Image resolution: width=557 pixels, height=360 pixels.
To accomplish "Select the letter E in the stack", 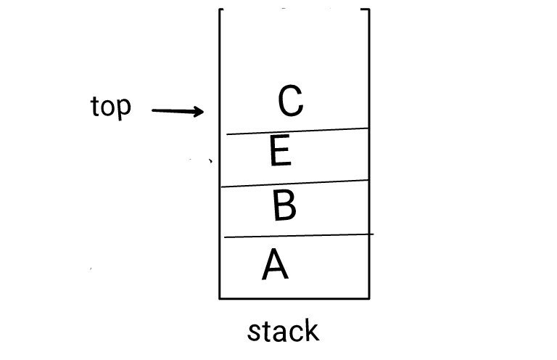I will [x=280, y=152].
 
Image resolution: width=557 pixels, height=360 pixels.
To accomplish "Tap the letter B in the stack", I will [x=284, y=205].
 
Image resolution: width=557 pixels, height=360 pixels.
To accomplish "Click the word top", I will [x=111, y=107].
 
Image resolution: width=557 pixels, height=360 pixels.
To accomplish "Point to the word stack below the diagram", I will [x=283, y=332].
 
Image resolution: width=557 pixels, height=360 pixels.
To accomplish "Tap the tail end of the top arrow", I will [x=154, y=110].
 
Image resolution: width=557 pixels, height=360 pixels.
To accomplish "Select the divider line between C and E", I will [x=297, y=131].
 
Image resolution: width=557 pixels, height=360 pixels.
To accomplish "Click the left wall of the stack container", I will [x=220, y=181].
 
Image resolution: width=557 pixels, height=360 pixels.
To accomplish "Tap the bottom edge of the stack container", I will [x=294, y=298].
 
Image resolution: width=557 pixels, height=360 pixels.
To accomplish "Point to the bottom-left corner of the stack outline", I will [x=220, y=298].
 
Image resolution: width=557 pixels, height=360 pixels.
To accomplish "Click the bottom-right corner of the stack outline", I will [x=369, y=298].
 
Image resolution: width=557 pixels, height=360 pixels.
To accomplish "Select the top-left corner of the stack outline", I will [x=220, y=9].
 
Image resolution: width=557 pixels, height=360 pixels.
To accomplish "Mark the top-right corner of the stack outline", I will [x=368, y=9].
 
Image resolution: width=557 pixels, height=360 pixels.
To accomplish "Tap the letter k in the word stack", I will [x=310, y=331].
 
